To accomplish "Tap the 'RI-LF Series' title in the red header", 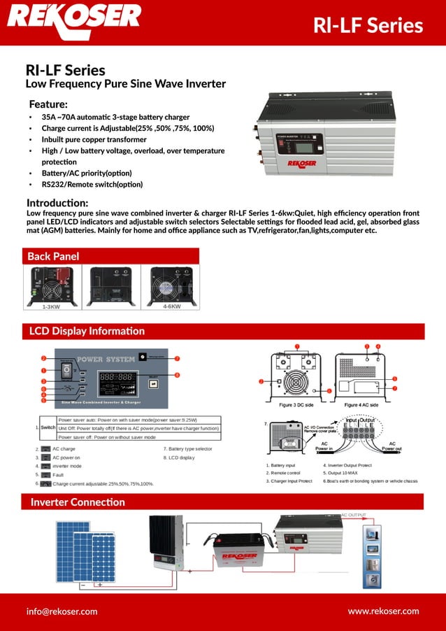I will coord(368,25).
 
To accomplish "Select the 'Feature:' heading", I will coord(48,104).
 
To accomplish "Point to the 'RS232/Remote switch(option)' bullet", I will coord(92,184).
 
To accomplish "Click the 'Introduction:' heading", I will coord(57,202).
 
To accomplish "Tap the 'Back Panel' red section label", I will coord(53,256).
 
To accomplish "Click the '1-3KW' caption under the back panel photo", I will coord(51,306).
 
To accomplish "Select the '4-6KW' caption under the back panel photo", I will coord(172,306).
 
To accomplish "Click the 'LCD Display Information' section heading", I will coord(87,331).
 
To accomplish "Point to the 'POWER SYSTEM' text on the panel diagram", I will coord(106,360).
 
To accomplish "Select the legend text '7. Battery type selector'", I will coord(187,448).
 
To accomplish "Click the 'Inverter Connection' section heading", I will coord(77,502).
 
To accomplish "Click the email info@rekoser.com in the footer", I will coord(62,611).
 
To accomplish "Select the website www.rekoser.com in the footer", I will coord(383,611).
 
